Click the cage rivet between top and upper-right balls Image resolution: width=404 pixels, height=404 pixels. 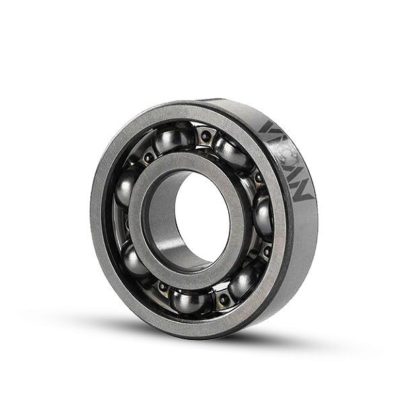[205, 137]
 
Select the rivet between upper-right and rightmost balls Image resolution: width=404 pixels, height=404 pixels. [259, 179]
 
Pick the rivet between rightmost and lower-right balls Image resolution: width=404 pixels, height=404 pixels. [266, 250]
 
